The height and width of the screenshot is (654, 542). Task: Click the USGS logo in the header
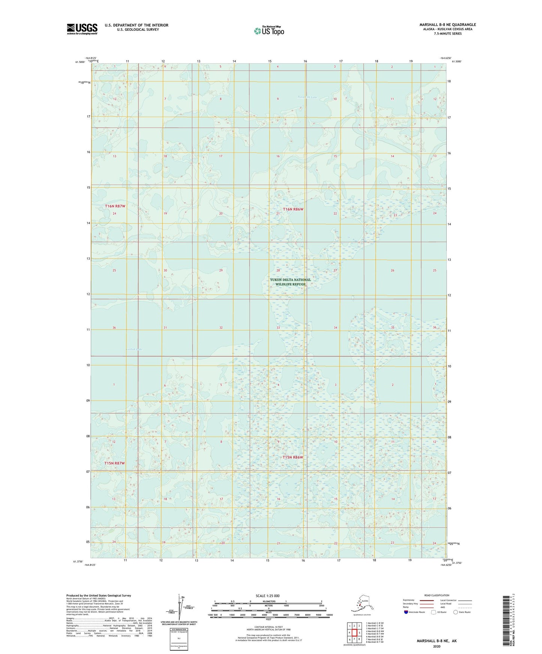tap(82, 29)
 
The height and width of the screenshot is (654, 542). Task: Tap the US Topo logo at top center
tap(269, 30)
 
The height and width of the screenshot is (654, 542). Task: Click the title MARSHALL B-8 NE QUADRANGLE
tap(447, 25)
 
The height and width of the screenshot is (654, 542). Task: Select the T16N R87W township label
tap(115, 206)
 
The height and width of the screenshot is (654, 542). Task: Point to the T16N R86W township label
tap(293, 209)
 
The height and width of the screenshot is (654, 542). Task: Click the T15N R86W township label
tap(293, 457)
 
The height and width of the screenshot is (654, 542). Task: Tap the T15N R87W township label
tap(114, 463)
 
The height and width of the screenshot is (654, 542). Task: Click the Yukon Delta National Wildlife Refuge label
tap(290, 282)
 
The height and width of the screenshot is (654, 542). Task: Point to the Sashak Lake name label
tap(134, 349)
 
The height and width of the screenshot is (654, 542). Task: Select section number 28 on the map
tap(278, 270)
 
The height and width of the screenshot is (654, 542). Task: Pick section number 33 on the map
tap(278, 328)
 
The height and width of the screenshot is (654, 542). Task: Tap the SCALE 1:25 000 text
tap(268, 596)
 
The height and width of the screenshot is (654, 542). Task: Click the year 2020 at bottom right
tap(437, 647)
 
